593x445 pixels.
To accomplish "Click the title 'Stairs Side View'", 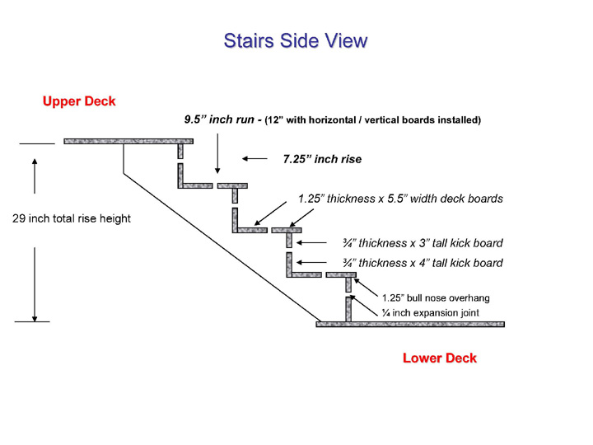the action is (296, 41).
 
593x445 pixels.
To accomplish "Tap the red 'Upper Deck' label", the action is (79, 101).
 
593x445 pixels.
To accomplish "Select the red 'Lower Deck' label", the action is (440, 358).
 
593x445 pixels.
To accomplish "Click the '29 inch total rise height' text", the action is (72, 218).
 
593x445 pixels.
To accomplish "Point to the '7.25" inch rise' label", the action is (322, 159).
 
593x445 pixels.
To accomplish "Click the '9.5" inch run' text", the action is (219, 119).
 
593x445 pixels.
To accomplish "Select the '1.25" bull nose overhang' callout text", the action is (436, 298).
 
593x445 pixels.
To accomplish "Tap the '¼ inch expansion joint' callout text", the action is (431, 313).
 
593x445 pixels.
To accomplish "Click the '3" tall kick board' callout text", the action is (423, 243).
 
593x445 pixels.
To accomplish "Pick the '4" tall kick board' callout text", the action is (423, 263).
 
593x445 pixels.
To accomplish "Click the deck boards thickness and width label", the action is (400, 199).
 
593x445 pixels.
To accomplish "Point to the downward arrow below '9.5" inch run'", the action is (217, 153).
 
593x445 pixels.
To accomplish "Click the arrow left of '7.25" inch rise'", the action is (254, 158).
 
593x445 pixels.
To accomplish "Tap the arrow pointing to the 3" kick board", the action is (311, 242).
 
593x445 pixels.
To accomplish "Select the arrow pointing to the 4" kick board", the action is (311, 262).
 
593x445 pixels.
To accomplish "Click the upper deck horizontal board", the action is (128, 142).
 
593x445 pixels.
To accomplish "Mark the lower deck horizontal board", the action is (410, 325).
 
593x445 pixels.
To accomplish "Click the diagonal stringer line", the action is (222, 248).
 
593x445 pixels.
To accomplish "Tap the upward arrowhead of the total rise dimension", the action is (35, 162).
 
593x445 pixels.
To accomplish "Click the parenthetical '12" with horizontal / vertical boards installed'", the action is (372, 120).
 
